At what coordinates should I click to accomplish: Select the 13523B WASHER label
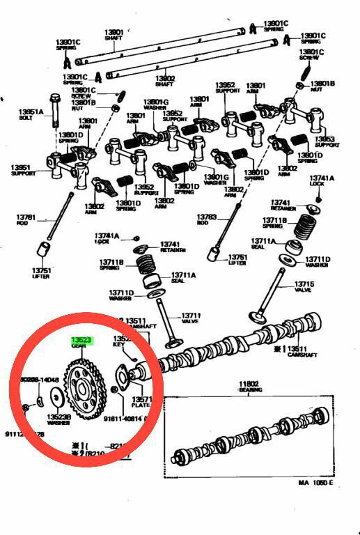coord(58,419)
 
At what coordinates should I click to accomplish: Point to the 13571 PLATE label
coord(141,403)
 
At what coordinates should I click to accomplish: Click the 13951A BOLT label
coord(31,114)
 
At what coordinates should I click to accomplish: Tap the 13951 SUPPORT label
coord(23,170)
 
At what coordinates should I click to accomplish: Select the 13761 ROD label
coord(26,221)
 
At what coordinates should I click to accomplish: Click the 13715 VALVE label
coord(304,287)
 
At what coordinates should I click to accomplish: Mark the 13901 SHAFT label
coord(114,35)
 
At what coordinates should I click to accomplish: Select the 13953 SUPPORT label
coord(325,142)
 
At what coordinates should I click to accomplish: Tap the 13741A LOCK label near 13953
coord(322,182)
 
